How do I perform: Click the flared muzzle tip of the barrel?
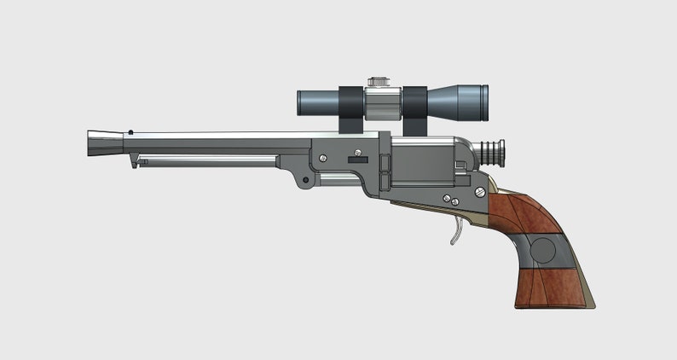tap(101, 143)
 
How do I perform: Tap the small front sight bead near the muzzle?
tap(130, 131)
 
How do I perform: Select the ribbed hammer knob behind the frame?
tap(490, 153)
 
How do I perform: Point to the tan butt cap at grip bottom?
tap(589, 294)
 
